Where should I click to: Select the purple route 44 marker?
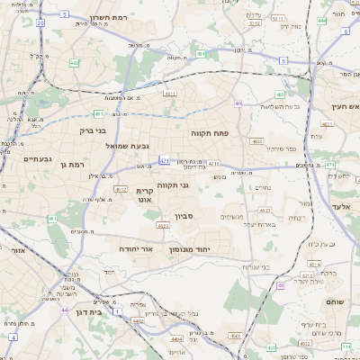64,309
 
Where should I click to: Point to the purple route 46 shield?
280,284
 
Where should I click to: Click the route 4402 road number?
138,319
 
